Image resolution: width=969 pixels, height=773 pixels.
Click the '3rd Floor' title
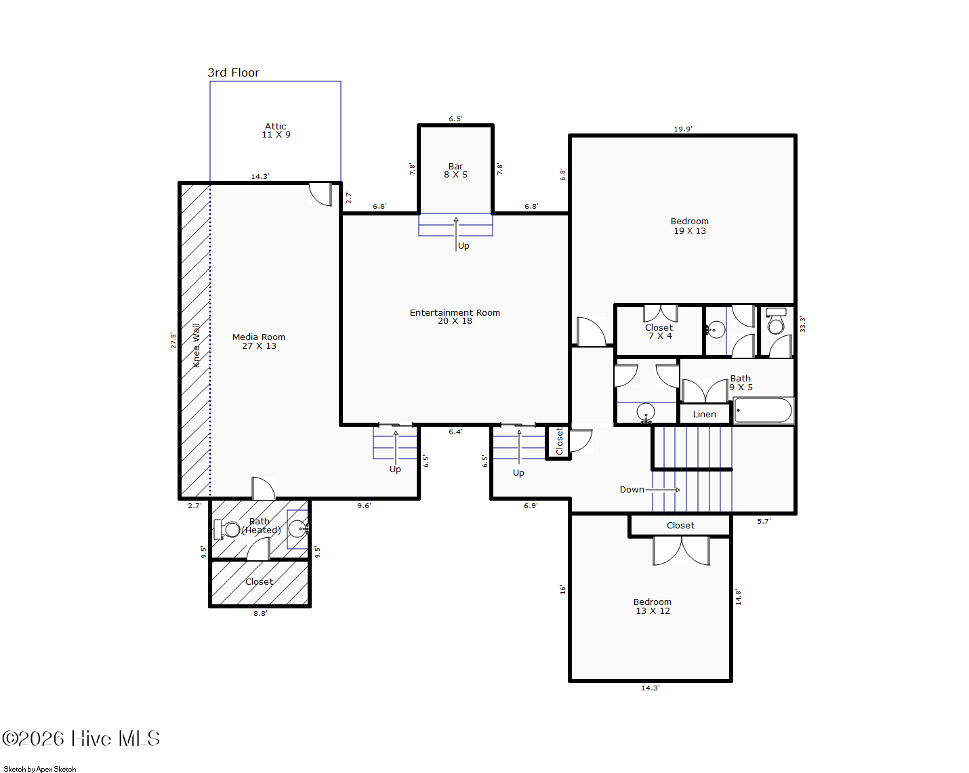(233, 72)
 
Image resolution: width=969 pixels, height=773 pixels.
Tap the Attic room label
(276, 131)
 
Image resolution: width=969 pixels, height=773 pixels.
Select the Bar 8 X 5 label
(455, 171)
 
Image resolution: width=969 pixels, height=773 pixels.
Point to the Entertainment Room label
(455, 316)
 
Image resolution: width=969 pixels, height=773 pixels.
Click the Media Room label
(259, 341)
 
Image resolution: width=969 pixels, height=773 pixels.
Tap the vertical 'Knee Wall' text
(197, 346)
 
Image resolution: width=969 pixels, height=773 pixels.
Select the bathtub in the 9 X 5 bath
(764, 410)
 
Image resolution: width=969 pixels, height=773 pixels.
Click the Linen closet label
(704, 414)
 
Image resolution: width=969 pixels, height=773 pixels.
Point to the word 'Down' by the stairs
(632, 489)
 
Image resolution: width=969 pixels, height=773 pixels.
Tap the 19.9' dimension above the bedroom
(682, 129)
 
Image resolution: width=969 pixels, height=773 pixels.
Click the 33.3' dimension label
(802, 324)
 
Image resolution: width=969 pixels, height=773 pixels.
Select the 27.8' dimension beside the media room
(173, 340)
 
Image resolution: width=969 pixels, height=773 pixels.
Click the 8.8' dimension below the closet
(260, 613)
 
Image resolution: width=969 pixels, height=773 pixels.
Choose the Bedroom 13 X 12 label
(653, 606)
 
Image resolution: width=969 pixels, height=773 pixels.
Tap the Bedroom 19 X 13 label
(689, 226)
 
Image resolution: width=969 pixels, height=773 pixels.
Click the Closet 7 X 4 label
(659, 332)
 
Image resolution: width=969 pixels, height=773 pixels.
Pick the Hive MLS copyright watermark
(81, 738)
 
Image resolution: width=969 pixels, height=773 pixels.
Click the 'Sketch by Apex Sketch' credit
(40, 769)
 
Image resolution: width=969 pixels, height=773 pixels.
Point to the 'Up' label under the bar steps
(463, 246)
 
